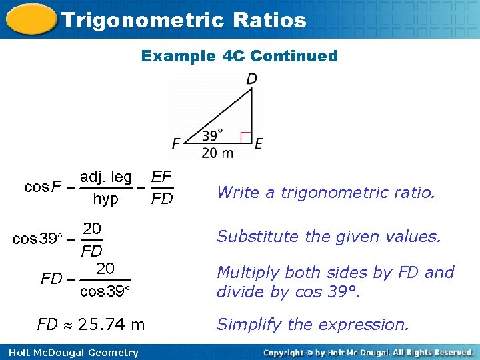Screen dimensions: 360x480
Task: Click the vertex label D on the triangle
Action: (252, 79)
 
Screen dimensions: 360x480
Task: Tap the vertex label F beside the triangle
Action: (176, 143)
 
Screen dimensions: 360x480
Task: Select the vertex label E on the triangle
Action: (258, 143)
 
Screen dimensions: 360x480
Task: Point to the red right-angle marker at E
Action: (245, 138)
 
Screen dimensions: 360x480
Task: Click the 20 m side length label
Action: (218, 153)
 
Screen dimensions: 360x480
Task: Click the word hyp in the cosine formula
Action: (105, 199)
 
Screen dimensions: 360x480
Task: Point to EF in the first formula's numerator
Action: (161, 177)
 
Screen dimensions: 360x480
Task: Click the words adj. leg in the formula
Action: (106, 177)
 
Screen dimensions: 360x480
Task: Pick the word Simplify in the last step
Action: (243, 325)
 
